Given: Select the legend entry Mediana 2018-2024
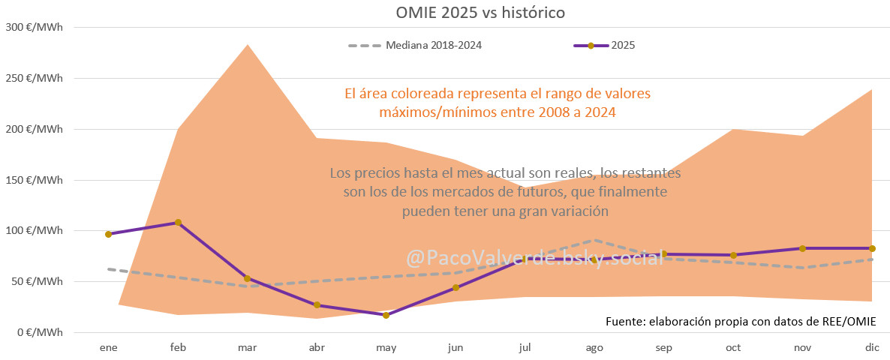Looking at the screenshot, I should coord(433,45).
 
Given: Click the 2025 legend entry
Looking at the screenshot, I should coord(623,45).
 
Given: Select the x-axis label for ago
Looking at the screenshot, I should coord(594,348).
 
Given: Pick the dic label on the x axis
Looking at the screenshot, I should coord(871,348).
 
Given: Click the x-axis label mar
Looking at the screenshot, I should coord(248,348).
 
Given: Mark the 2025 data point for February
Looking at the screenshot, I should coord(178,222).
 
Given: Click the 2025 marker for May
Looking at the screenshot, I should coord(386,315).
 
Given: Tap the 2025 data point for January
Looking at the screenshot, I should coord(109,234).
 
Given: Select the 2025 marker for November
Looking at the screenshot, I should coord(802,248).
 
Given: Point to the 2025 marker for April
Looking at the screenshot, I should coord(317,305).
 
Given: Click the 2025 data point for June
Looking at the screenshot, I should coord(456,287).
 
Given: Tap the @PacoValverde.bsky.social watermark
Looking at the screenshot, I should coord(534,259).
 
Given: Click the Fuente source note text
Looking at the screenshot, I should coord(741,321).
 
